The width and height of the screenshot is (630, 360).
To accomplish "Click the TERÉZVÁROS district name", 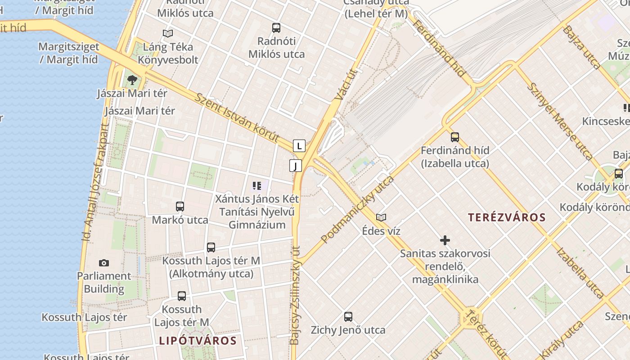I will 507,218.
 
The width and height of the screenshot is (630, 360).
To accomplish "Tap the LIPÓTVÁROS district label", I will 198,341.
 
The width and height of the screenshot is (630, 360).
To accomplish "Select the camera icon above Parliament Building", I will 104,263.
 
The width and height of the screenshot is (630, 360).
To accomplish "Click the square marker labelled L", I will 299,146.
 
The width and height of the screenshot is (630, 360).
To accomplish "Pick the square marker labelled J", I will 295,166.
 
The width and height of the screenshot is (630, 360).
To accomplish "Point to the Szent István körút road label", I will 237,117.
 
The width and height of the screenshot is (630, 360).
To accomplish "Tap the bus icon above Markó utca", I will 180,207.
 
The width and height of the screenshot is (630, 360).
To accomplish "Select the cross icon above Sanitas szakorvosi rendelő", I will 445,240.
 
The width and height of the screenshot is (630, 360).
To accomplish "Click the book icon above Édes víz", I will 381,218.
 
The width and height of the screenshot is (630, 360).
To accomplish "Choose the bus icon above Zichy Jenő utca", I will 348,317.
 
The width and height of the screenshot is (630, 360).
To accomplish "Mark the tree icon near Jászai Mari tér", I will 132,80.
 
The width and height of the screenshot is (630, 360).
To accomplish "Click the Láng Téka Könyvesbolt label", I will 168,53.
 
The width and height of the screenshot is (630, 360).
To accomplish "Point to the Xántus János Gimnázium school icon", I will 257,185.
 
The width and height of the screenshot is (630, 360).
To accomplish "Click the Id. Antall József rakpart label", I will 96,182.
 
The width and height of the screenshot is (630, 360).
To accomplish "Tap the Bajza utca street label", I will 581,47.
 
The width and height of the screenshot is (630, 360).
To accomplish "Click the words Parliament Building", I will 104,282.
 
